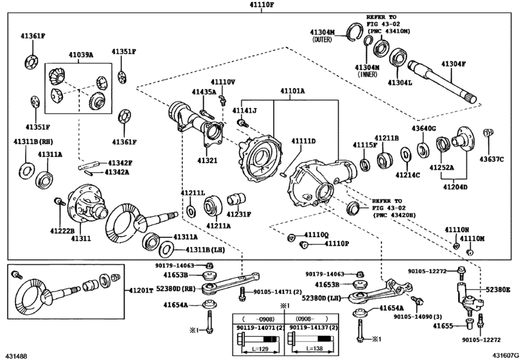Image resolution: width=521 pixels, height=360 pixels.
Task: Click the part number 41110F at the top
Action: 261,5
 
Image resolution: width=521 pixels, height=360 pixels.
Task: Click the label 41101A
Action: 292,92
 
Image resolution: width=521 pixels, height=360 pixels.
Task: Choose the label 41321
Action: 208,160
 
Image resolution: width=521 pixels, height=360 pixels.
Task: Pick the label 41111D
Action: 303,141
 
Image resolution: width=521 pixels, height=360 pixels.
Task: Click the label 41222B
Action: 63,230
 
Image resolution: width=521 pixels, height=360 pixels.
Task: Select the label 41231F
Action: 240,214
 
